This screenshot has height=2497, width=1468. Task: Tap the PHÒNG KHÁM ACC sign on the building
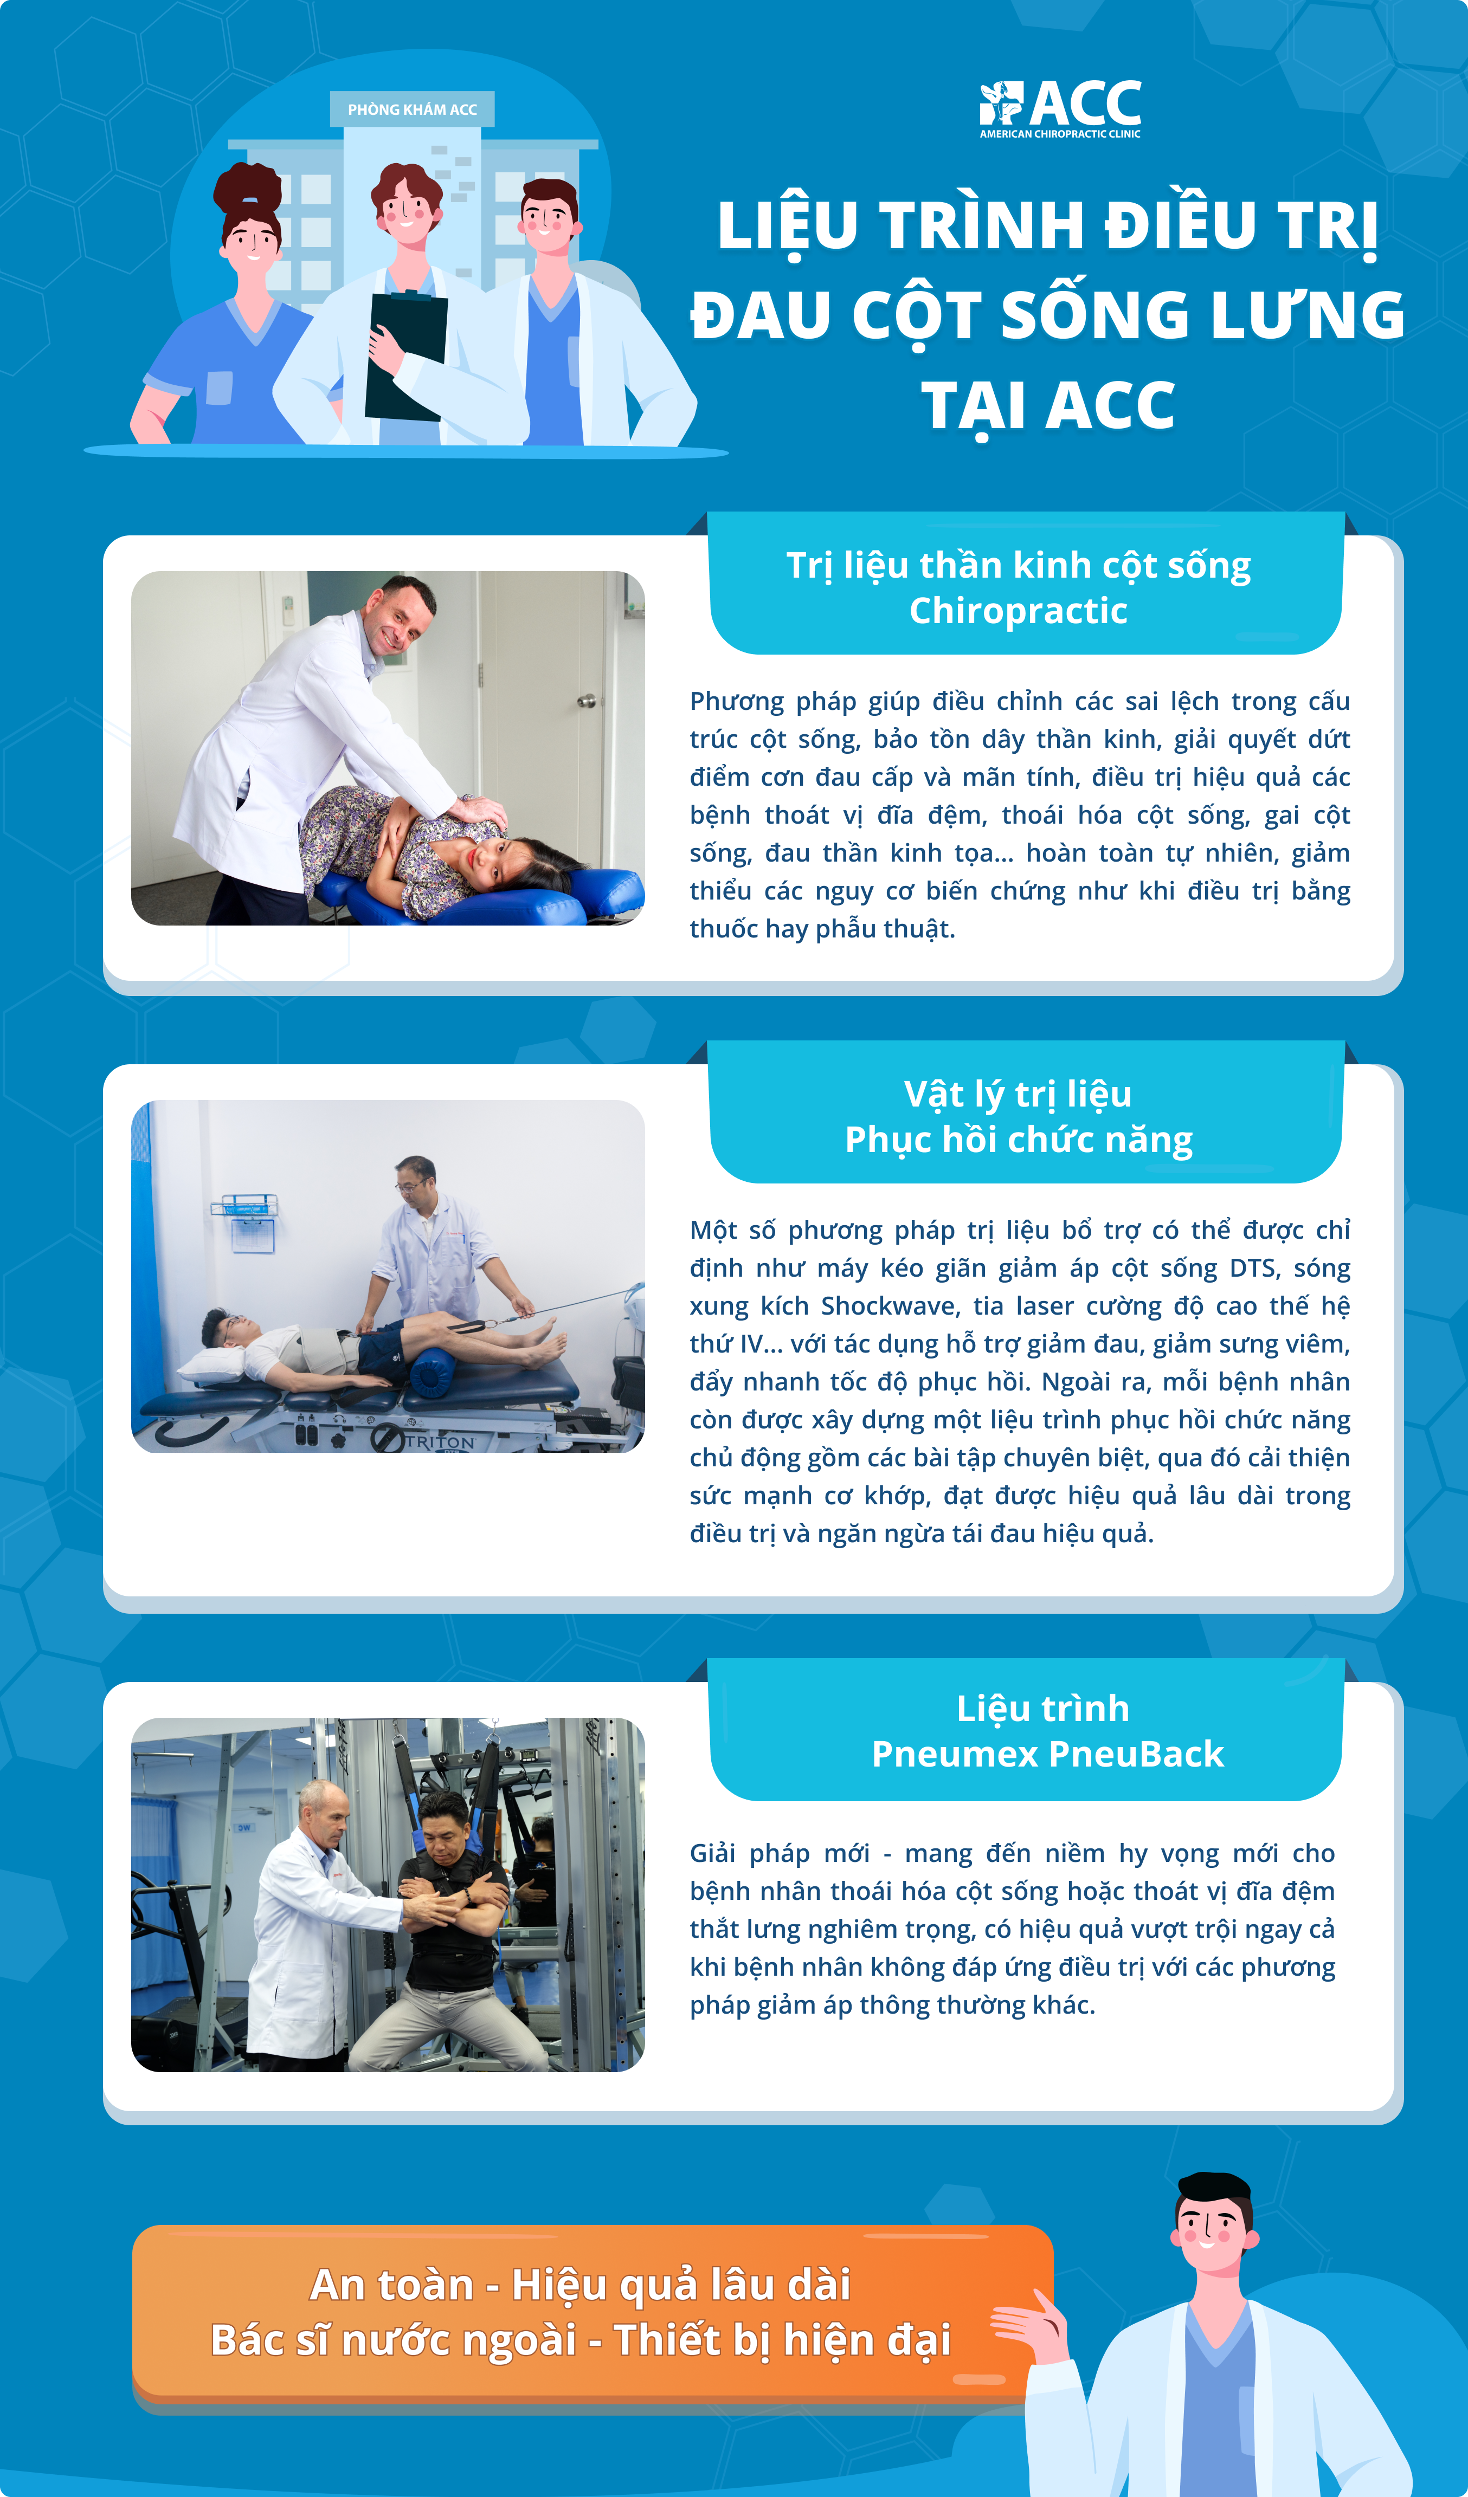pyautogui.click(x=413, y=109)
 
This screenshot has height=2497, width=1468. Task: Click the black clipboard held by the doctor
pyautogui.click(x=407, y=355)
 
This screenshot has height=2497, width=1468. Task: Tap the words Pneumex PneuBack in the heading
pyautogui.click(x=1048, y=1754)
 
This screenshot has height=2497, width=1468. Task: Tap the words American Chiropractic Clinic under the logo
pyautogui.click(x=1060, y=134)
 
